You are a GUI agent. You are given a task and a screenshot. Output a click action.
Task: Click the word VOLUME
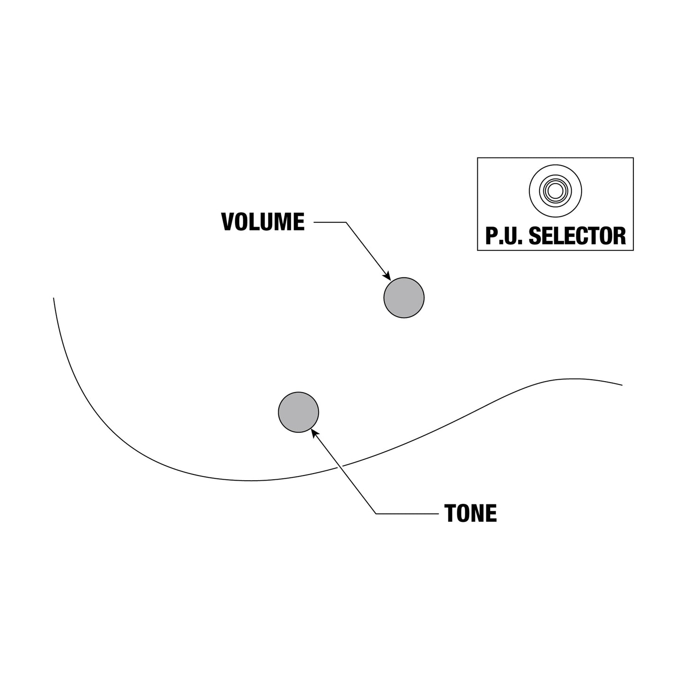tap(263, 222)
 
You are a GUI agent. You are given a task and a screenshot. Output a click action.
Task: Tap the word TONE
tap(470, 513)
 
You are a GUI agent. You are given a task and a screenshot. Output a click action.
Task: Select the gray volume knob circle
tap(404, 298)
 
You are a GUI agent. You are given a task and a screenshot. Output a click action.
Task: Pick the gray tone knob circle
tap(298, 412)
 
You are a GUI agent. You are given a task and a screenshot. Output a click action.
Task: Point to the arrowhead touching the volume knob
tap(387, 276)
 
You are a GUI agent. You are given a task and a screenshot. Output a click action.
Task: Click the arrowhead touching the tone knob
tap(315, 433)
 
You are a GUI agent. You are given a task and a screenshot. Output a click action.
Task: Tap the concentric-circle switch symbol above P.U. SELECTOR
tap(555, 191)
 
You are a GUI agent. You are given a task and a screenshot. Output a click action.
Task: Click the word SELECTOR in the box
tap(577, 236)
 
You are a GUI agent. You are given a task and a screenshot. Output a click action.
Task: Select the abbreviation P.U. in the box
tap(504, 236)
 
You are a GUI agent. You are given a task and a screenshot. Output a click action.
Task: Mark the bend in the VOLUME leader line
tap(346, 222)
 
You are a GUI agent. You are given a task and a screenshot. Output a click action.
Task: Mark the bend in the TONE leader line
tap(376, 514)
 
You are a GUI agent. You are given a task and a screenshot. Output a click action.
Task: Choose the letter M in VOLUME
tap(283, 222)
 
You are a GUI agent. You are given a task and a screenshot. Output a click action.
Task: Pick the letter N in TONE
tap(478, 513)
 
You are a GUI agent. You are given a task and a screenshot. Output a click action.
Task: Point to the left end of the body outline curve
tap(54, 298)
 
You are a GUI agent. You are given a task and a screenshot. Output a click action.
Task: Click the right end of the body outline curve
tap(622, 385)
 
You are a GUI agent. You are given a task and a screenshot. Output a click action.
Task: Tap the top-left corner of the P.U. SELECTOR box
tap(477, 158)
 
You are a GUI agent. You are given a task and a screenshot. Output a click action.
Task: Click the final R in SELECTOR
tap(620, 236)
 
